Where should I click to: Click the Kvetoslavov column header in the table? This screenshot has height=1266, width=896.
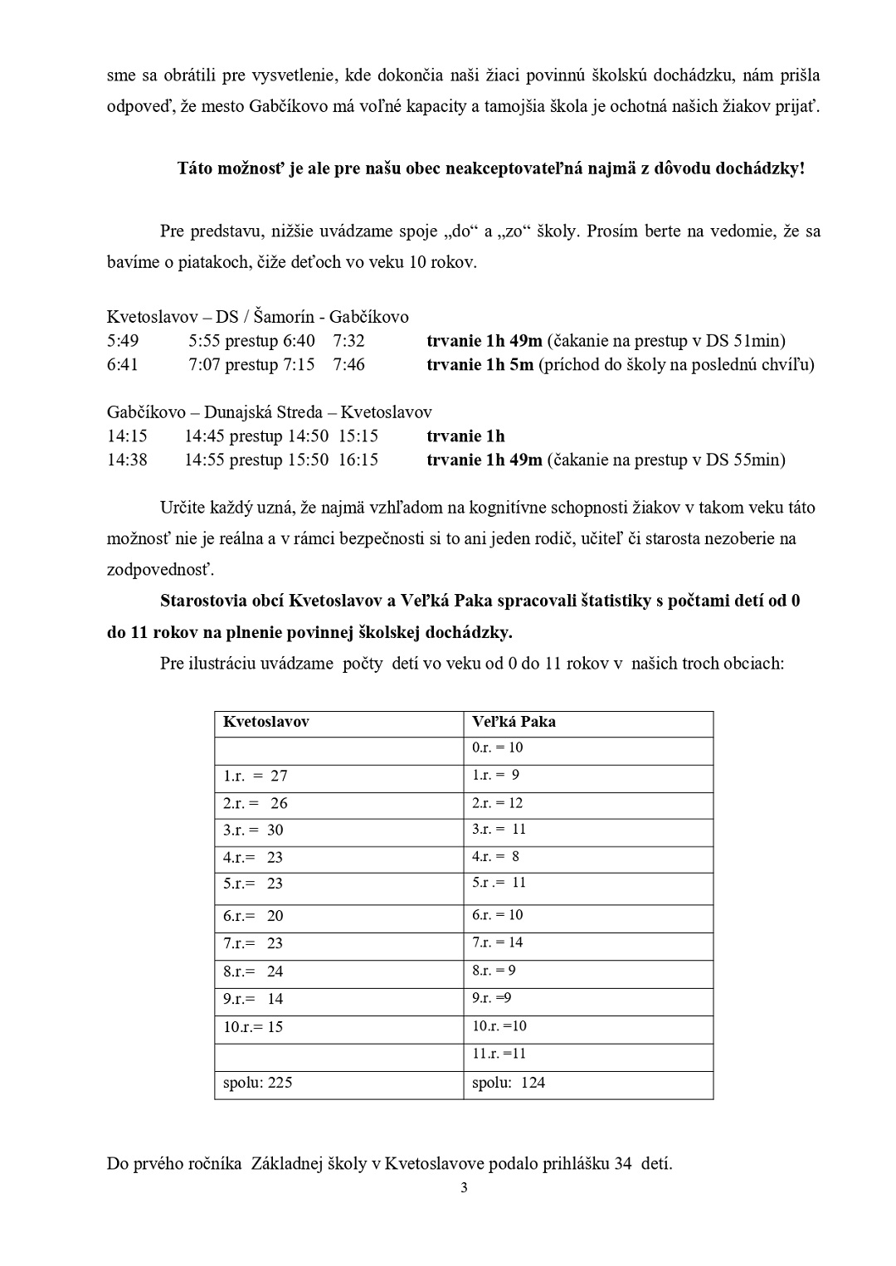tap(265, 722)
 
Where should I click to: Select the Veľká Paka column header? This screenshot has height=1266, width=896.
tap(514, 722)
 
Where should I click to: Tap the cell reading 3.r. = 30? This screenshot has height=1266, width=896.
tap(253, 830)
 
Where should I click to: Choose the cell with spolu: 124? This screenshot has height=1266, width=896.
tap(509, 1082)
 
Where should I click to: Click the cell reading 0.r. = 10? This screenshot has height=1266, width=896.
tap(497, 747)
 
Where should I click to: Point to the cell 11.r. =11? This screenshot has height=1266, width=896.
tap(499, 1054)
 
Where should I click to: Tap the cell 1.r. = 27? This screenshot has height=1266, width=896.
tap(256, 776)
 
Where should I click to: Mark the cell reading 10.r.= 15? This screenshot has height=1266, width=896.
tap(253, 1027)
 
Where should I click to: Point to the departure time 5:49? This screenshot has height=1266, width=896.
tap(123, 340)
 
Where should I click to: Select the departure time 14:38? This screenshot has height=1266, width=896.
tap(127, 460)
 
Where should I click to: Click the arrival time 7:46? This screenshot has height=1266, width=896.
tap(349, 364)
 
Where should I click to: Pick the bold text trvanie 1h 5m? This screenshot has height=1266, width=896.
tap(480, 364)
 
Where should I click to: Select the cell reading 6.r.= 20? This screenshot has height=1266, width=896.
tap(253, 916)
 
